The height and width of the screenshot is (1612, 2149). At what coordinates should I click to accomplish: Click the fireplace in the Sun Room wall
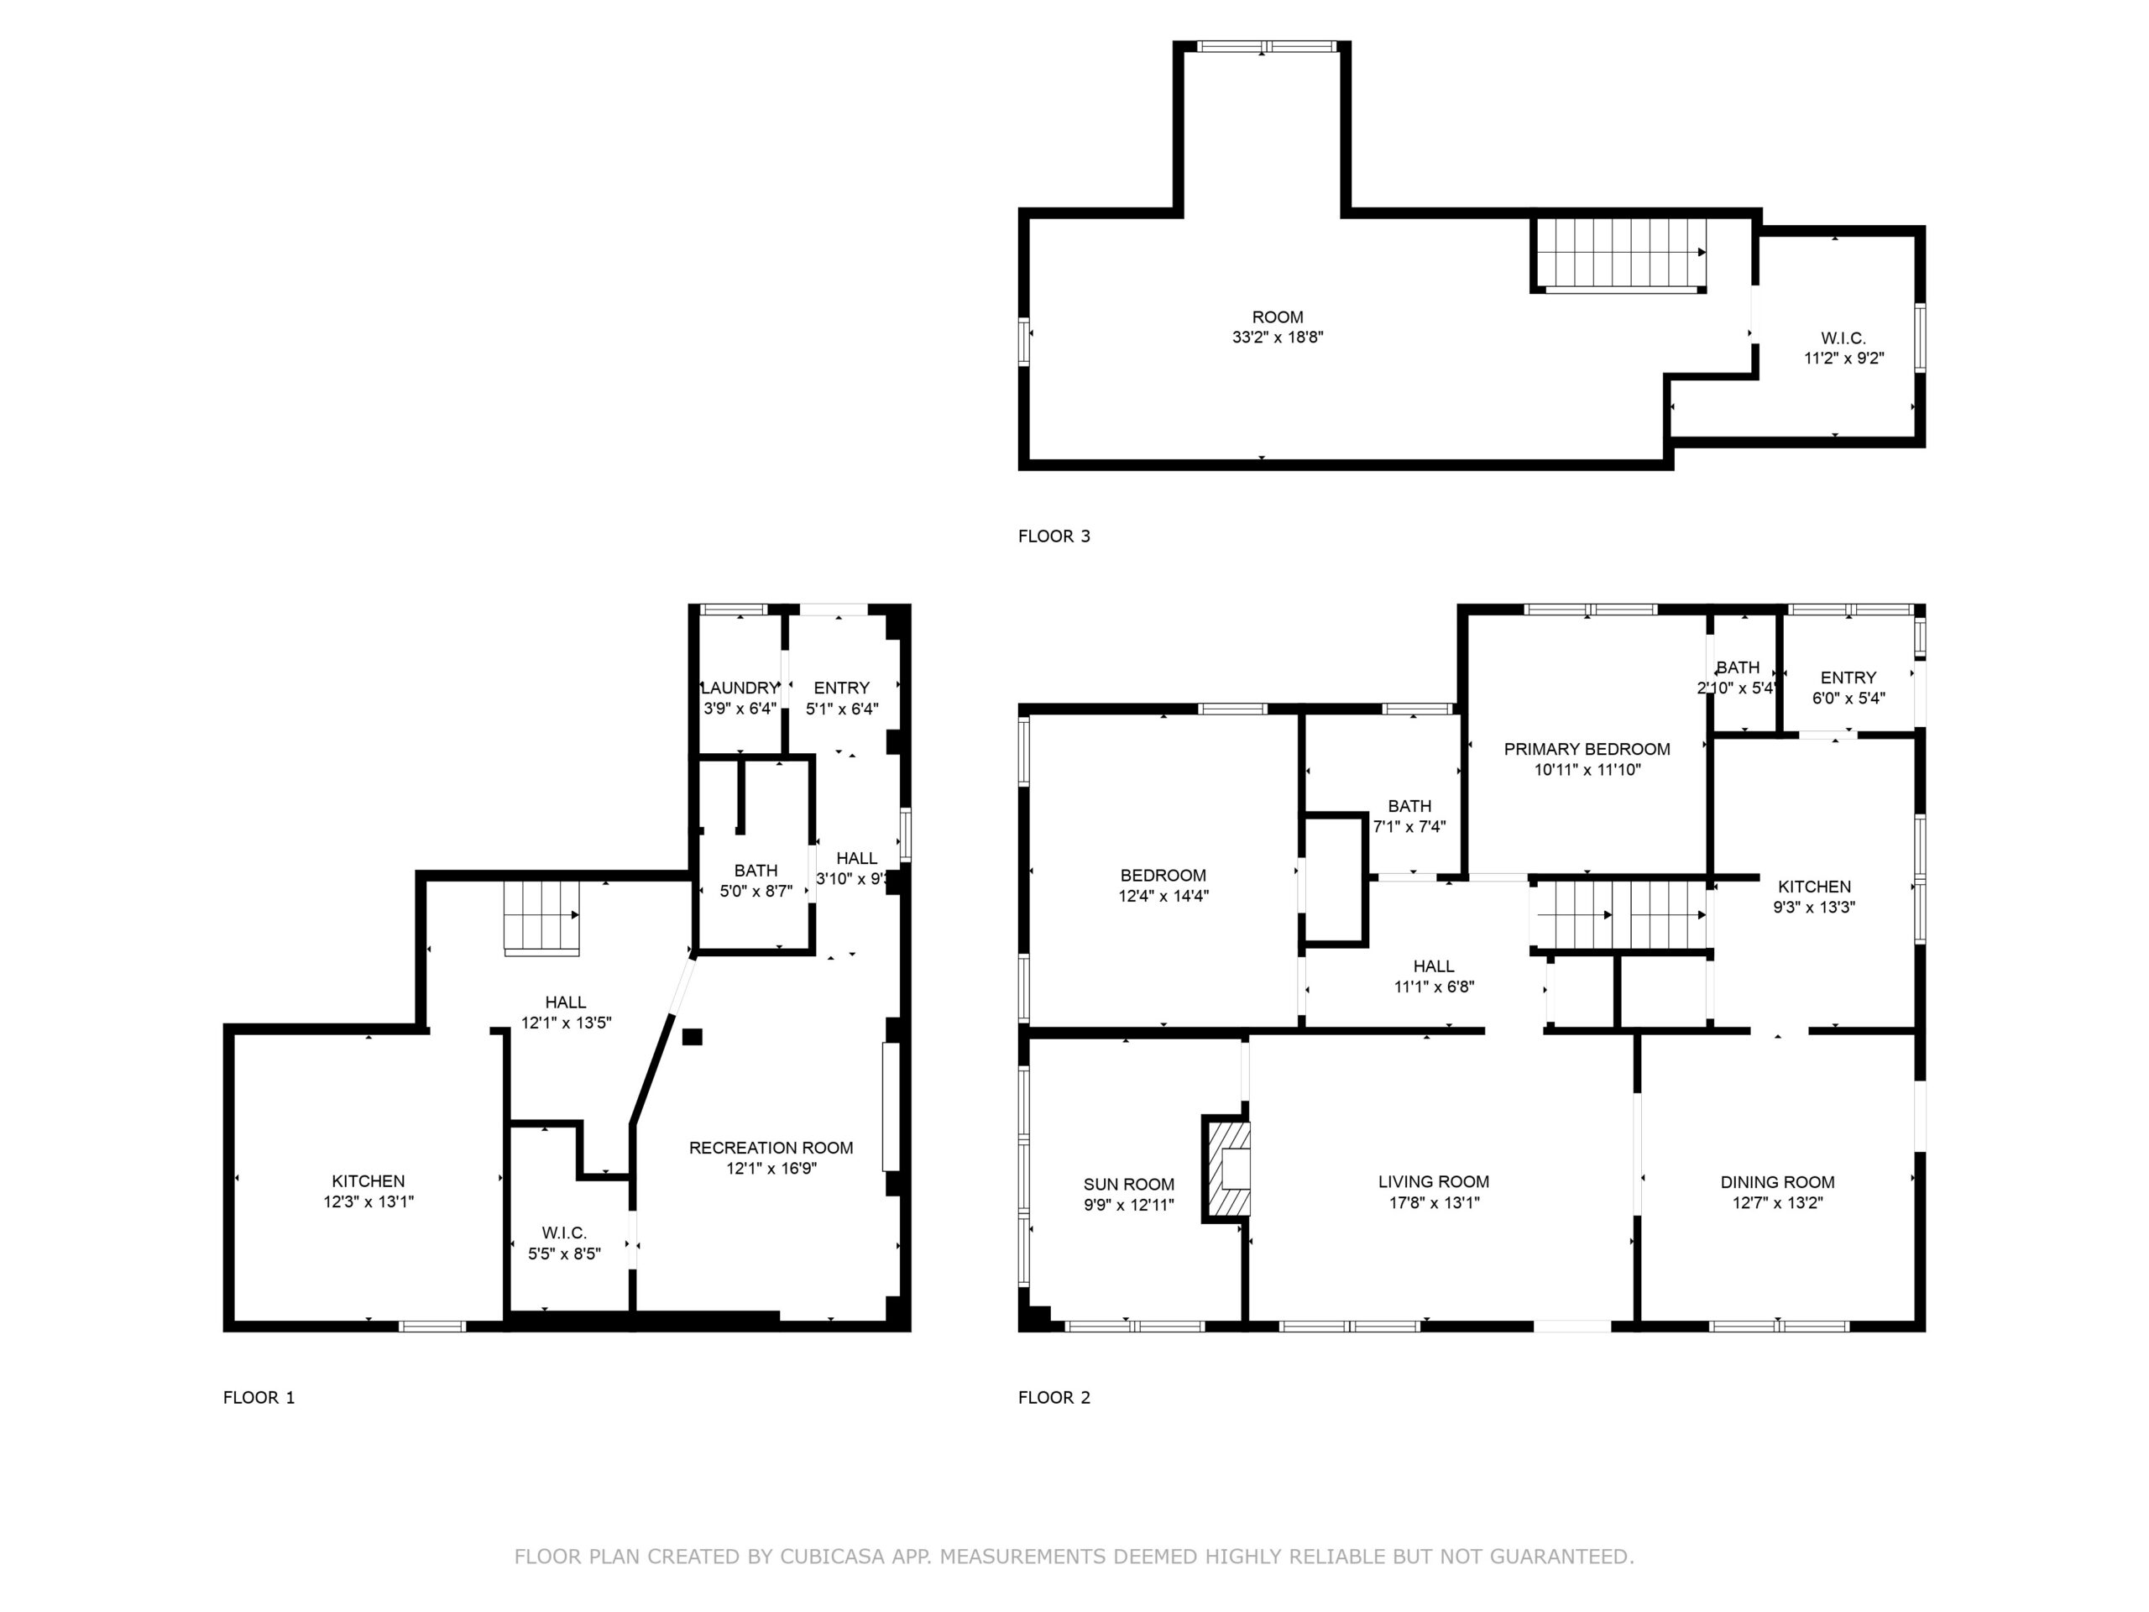(1227, 1167)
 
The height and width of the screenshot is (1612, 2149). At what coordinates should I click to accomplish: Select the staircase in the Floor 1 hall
(542, 918)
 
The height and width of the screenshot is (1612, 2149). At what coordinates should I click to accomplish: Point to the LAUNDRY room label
(740, 688)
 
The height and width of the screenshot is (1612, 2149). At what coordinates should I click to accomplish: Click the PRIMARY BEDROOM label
(1587, 749)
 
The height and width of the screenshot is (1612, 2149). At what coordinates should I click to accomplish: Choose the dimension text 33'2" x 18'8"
(1278, 338)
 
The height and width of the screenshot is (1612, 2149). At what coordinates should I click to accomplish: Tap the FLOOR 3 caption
(1054, 536)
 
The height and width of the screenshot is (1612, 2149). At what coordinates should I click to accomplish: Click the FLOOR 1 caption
(259, 1397)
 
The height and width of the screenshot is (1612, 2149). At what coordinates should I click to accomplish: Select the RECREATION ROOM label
(771, 1148)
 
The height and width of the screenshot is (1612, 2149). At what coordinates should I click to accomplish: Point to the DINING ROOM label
(1778, 1182)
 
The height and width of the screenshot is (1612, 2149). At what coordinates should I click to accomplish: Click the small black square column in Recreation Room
(692, 1037)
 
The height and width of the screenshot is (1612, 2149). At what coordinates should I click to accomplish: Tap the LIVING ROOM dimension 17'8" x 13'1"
(1434, 1203)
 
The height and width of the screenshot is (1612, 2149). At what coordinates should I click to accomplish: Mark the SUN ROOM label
(1129, 1185)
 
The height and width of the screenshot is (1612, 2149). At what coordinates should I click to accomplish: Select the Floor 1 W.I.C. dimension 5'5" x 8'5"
(564, 1254)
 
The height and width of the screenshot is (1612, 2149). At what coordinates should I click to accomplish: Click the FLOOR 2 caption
(1054, 1397)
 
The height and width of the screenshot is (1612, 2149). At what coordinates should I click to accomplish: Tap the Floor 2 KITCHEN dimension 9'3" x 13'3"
(1815, 908)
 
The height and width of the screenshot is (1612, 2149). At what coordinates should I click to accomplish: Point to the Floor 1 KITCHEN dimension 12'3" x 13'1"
(369, 1202)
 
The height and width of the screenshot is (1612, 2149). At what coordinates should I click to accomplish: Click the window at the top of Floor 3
(1266, 45)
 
